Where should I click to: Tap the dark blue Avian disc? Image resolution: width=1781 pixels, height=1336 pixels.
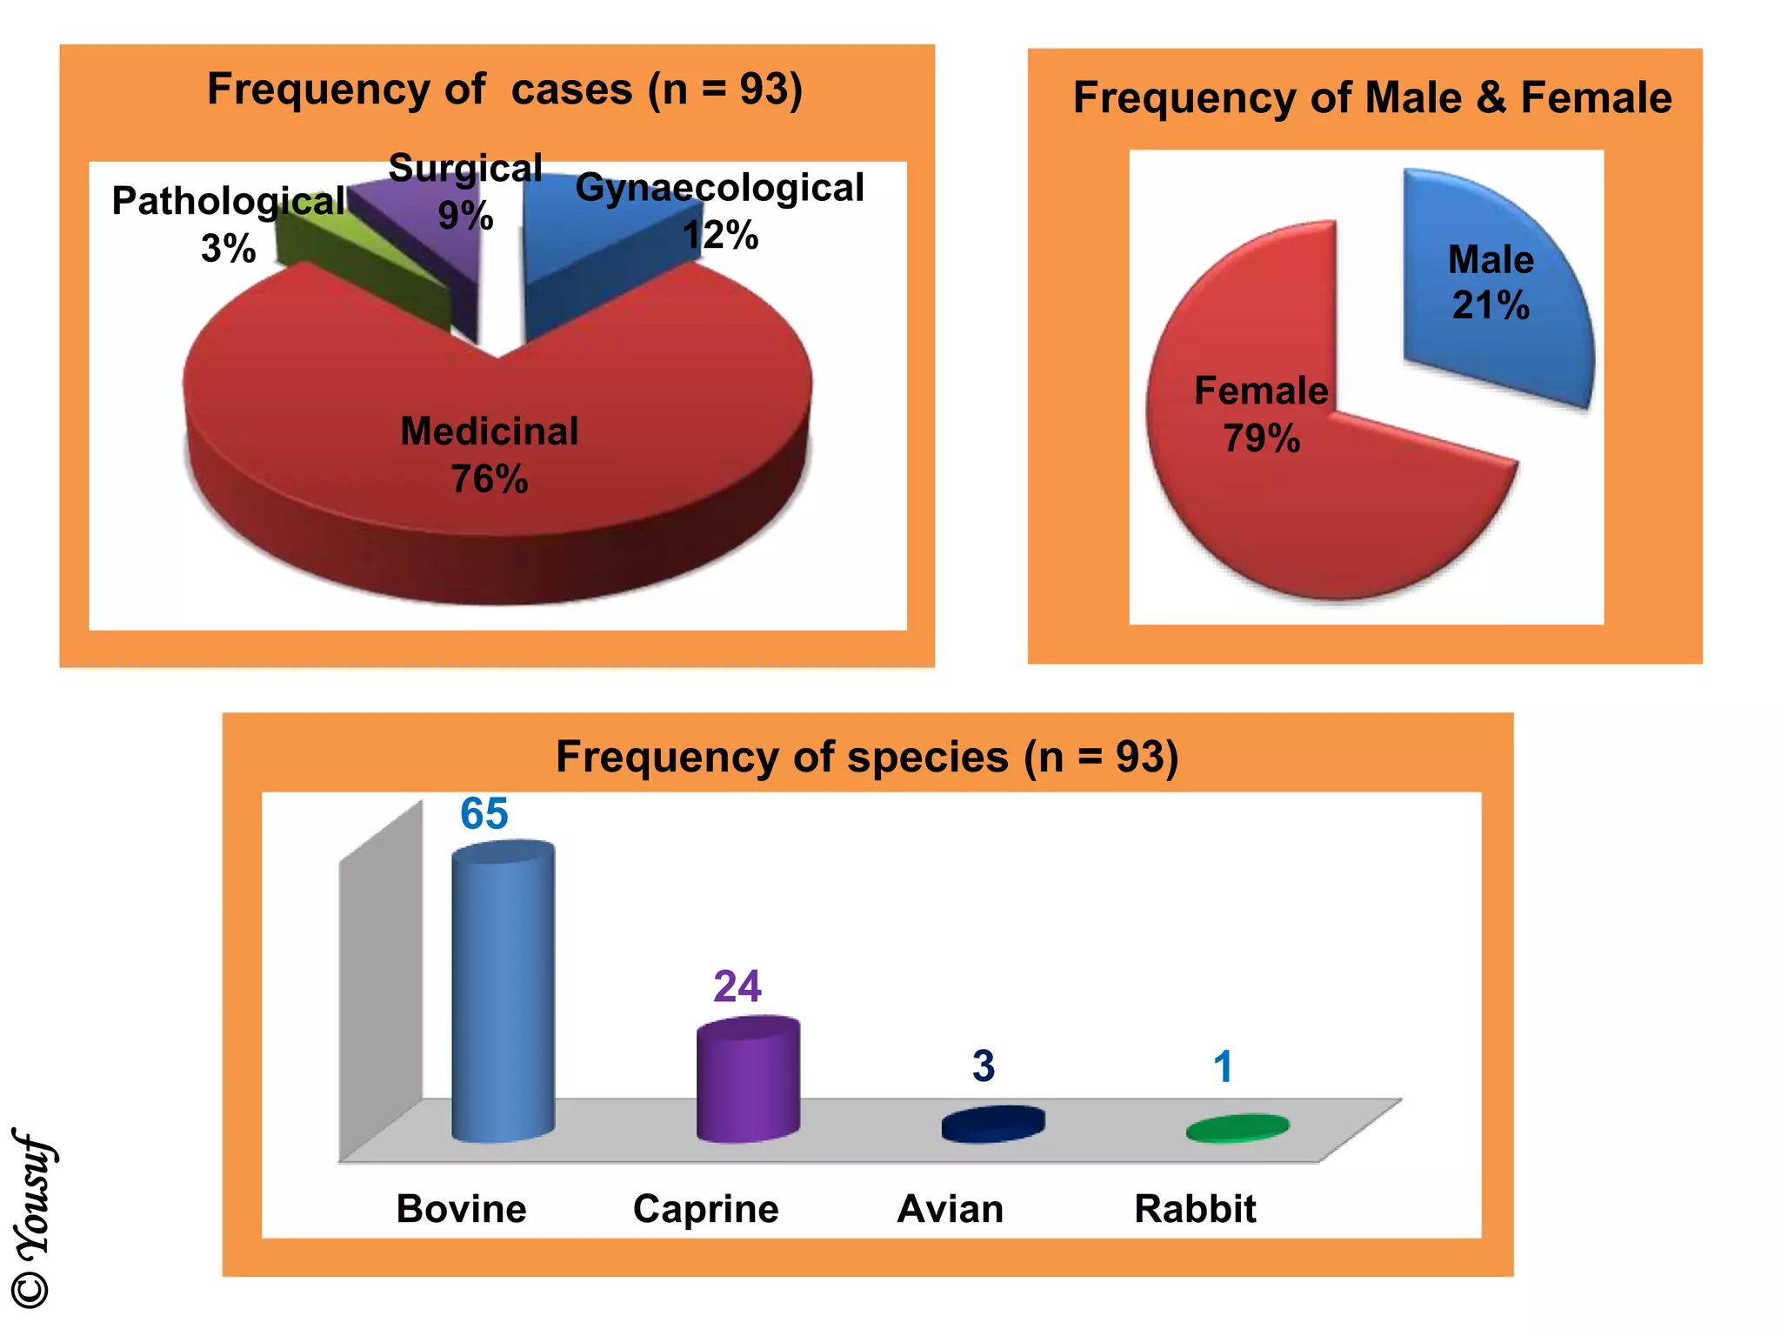coord(993,1124)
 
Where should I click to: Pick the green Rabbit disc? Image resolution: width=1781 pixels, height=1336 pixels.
coord(1237,1128)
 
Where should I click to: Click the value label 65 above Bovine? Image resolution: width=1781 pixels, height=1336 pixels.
coord(484,814)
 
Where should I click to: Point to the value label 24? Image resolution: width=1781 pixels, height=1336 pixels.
coord(737,986)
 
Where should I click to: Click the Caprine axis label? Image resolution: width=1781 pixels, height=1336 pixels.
coord(705,1209)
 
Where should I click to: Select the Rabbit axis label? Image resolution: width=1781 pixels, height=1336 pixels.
coord(1195,1209)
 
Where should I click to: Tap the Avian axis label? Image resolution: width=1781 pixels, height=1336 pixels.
coord(950,1209)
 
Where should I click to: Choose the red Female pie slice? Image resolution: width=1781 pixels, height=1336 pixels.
coord(1304,513)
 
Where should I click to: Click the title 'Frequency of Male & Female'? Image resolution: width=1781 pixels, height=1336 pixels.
coord(1371,97)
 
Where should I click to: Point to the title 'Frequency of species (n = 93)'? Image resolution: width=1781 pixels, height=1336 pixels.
coord(867,756)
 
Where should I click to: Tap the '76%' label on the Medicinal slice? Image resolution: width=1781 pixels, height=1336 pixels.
coord(489,479)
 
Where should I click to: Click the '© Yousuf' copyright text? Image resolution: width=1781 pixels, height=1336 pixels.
coord(33,1218)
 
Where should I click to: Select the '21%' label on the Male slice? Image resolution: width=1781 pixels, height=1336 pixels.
coord(1491,305)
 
